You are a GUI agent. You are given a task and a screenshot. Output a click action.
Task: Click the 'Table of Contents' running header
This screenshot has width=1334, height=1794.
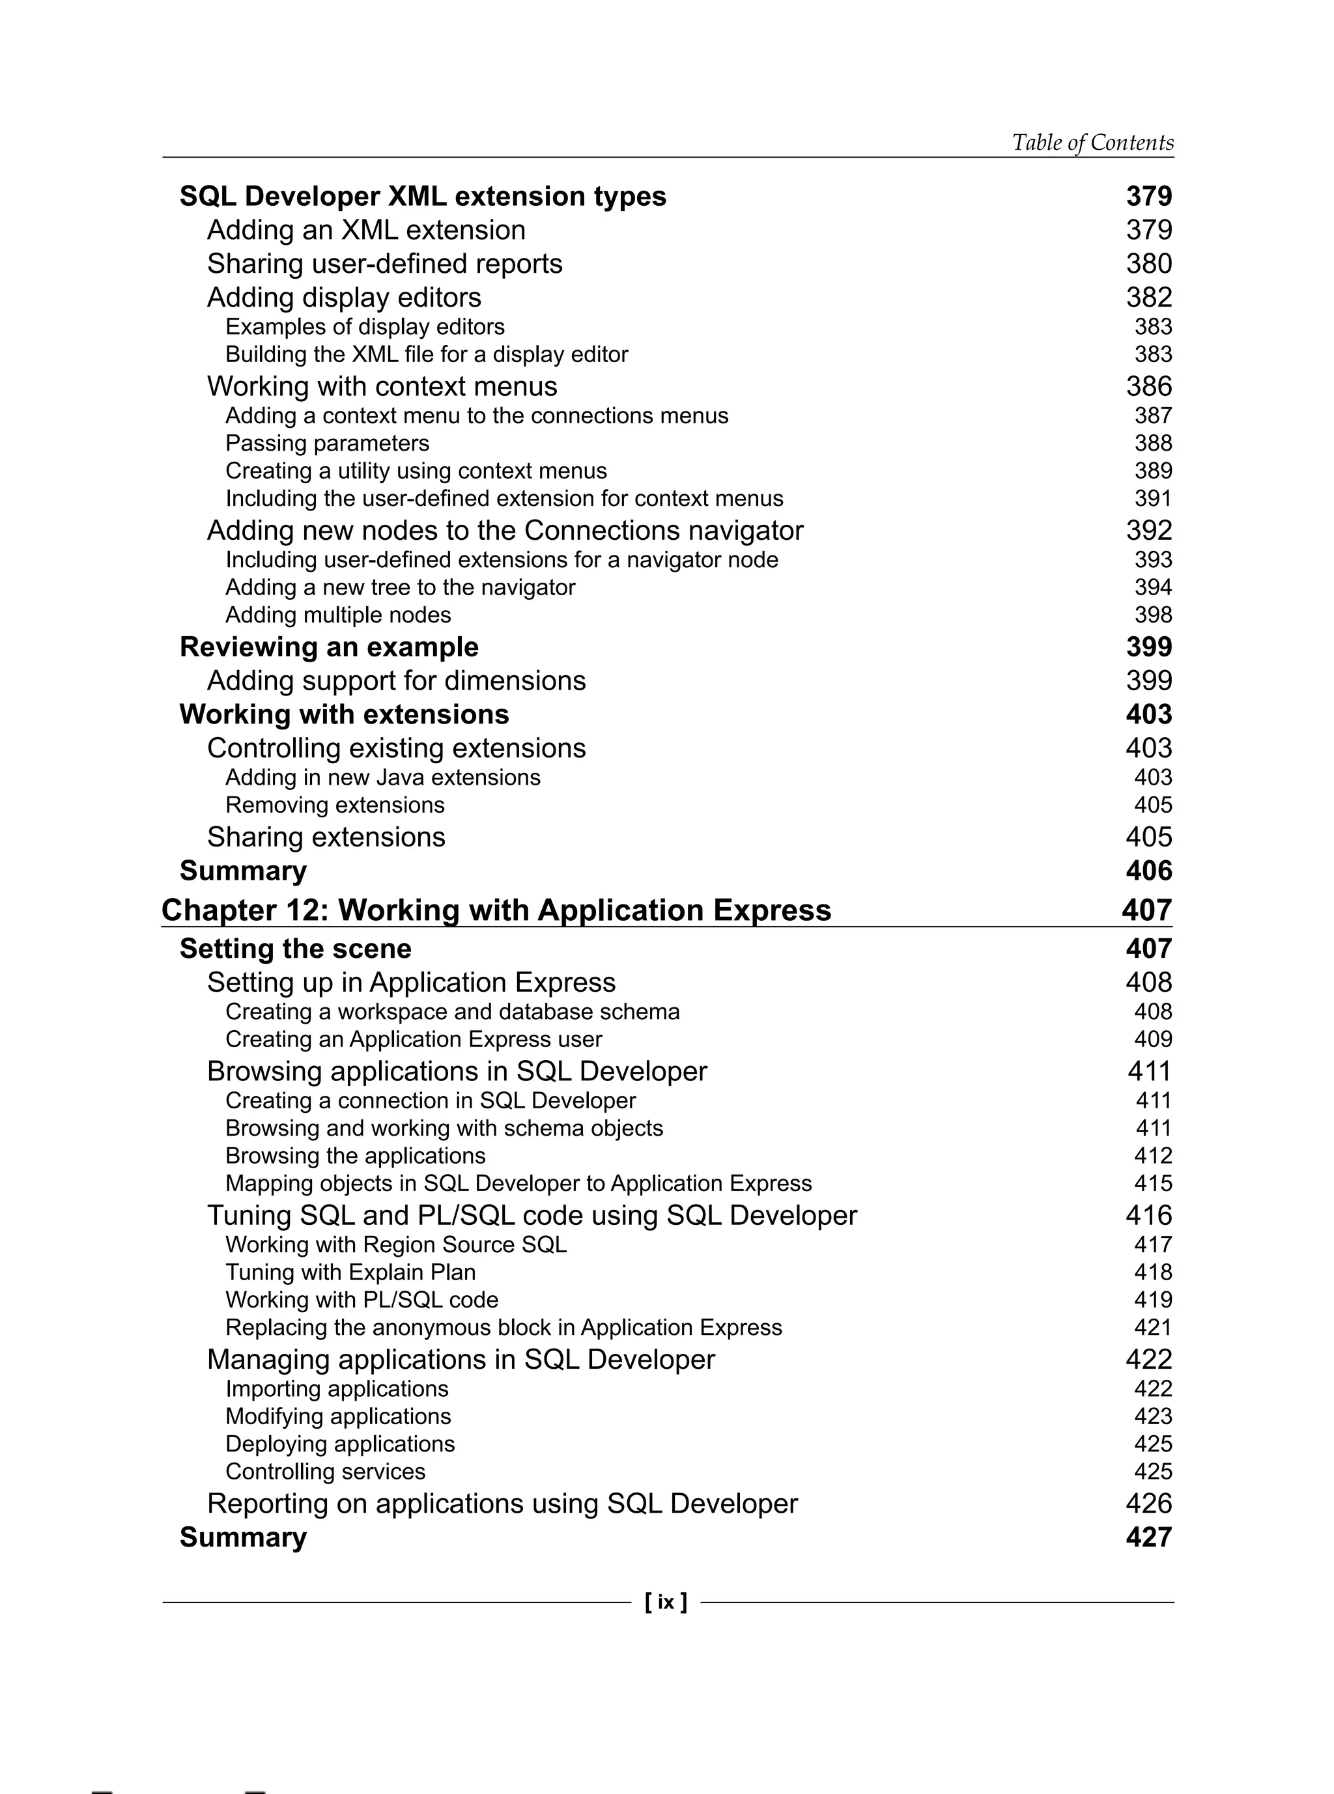pos(1092,143)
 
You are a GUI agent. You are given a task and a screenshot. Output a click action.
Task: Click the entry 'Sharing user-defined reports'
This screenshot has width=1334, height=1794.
pos(384,264)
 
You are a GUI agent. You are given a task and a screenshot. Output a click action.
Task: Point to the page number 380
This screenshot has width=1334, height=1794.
pos(1148,264)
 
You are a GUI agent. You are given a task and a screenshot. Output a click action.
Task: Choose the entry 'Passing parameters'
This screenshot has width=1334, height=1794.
pos(327,443)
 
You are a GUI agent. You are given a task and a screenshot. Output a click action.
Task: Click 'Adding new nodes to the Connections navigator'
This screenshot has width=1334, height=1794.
pos(505,531)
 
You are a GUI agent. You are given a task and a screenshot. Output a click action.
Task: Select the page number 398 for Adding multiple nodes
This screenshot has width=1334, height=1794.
pos(1152,615)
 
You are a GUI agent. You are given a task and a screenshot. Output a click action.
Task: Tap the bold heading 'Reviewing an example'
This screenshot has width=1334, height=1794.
pos(329,647)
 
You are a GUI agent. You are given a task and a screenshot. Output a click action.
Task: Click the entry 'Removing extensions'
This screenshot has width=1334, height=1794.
pos(334,805)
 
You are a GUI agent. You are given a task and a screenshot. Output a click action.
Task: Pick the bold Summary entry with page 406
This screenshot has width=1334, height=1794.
pos(243,871)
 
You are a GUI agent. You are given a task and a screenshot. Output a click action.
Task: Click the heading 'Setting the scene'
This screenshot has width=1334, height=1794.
pos(294,949)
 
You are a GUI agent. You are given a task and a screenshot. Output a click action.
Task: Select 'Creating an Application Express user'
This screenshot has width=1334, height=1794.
pos(414,1039)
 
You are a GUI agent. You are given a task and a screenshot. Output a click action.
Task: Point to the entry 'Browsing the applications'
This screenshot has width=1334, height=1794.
pos(355,1155)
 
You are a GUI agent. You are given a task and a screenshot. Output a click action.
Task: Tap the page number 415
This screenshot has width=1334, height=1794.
pos(1152,1184)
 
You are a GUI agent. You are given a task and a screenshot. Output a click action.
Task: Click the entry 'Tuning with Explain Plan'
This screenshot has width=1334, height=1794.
pos(350,1272)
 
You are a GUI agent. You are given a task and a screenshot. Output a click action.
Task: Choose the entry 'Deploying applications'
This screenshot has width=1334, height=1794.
pos(340,1444)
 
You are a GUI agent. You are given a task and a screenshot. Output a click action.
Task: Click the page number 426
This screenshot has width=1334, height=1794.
pos(1148,1504)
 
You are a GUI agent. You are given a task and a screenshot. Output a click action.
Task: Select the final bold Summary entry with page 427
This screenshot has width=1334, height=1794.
pos(243,1537)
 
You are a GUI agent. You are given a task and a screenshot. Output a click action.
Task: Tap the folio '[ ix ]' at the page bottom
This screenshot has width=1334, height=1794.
pos(666,1602)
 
